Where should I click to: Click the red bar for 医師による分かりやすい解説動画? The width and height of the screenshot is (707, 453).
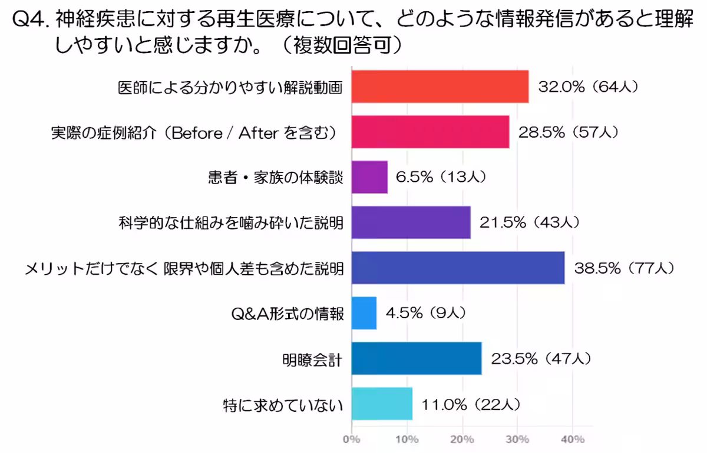[x=440, y=86]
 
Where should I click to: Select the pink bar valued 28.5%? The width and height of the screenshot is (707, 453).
[x=430, y=132]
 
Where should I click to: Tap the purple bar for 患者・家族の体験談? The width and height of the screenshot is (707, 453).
[x=369, y=177]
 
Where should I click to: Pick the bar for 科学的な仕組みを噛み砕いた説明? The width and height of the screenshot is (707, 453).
[x=411, y=222]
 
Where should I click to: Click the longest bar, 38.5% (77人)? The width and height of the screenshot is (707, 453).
[x=458, y=268]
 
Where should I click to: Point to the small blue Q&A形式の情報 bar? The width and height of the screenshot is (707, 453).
[x=364, y=313]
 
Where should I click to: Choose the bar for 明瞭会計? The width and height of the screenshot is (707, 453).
[x=416, y=358]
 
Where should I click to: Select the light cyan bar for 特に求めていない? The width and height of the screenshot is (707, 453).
[x=382, y=404]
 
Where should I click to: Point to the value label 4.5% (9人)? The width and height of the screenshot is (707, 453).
[x=426, y=313]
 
